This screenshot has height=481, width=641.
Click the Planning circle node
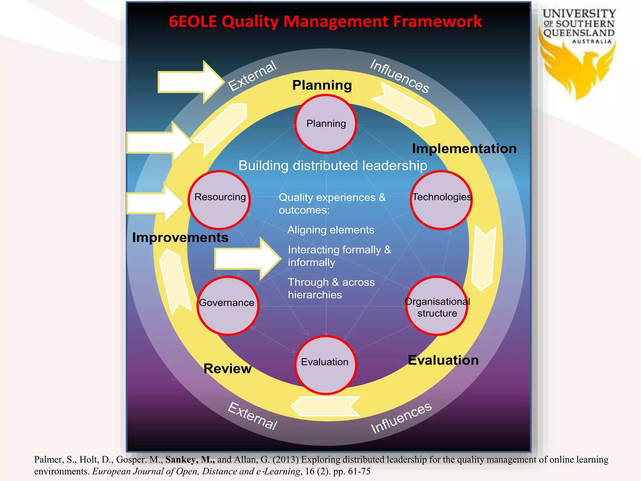point(326,124)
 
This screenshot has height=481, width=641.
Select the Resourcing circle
point(219,200)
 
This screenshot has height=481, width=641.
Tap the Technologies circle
point(441,200)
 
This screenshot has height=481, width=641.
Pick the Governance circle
point(228,305)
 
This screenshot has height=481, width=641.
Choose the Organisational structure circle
point(437,306)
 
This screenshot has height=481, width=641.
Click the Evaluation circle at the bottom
point(326,365)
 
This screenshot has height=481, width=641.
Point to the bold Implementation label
point(464,148)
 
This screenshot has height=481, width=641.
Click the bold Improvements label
point(180,237)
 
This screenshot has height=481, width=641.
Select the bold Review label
point(228,369)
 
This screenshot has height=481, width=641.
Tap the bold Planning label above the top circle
point(322,85)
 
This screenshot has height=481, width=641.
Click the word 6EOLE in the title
point(193,22)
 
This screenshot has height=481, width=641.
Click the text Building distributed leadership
point(333,165)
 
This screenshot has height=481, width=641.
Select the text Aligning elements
point(331,230)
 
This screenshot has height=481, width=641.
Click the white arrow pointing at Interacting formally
point(247,259)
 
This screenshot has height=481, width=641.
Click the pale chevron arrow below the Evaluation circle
point(326,406)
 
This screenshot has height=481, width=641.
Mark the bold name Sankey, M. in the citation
point(190,459)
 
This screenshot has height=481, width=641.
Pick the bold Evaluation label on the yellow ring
point(443,360)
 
